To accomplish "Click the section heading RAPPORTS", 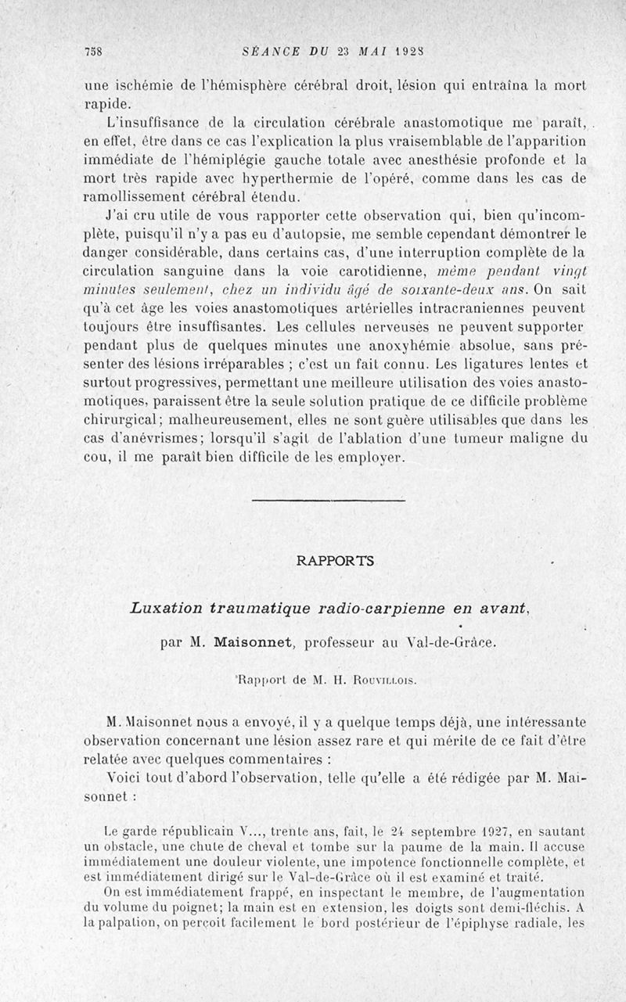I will pos(336,561).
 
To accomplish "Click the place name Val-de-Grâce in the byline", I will pos(450,644).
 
